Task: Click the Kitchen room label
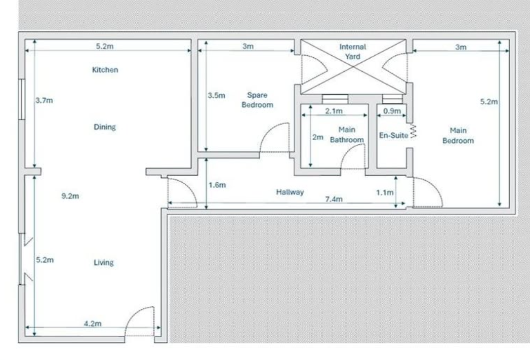(105, 70)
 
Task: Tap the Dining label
(105, 127)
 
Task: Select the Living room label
(104, 263)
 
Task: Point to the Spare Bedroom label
(257, 100)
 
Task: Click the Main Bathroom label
(347, 135)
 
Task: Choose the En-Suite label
(393, 136)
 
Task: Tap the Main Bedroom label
(458, 136)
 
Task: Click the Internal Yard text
(352, 52)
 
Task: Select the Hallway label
(290, 192)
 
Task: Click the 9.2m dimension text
(70, 196)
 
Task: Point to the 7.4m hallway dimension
(334, 199)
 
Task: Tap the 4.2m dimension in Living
(93, 324)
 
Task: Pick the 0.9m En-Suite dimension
(392, 111)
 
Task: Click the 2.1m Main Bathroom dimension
(334, 111)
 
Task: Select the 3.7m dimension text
(44, 100)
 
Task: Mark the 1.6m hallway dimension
(217, 185)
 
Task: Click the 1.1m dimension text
(385, 193)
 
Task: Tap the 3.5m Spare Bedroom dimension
(216, 96)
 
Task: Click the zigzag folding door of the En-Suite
(413, 131)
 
